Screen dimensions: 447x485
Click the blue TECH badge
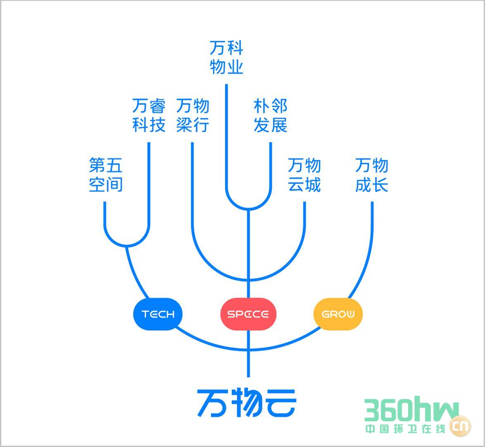tap(157, 314)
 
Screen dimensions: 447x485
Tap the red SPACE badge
tap(248, 314)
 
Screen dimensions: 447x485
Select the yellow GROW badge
tap(338, 314)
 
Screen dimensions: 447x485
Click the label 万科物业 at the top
tap(226, 58)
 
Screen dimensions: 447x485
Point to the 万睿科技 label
tap(149, 115)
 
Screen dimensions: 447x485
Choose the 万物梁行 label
tap(193, 115)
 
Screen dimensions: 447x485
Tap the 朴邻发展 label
tap(270, 115)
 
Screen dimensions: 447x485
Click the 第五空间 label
tap(106, 175)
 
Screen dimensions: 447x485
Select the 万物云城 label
tap(304, 175)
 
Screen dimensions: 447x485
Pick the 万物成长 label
tap(372, 175)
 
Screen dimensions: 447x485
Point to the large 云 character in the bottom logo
tap(280, 403)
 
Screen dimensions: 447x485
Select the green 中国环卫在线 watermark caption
tap(405, 429)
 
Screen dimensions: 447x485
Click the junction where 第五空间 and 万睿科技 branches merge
tap(127, 246)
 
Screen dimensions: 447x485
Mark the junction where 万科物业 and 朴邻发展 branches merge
tap(248, 209)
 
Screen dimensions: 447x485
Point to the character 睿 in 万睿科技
tap(157, 106)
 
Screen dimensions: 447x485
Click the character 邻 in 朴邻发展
tap(279, 106)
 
